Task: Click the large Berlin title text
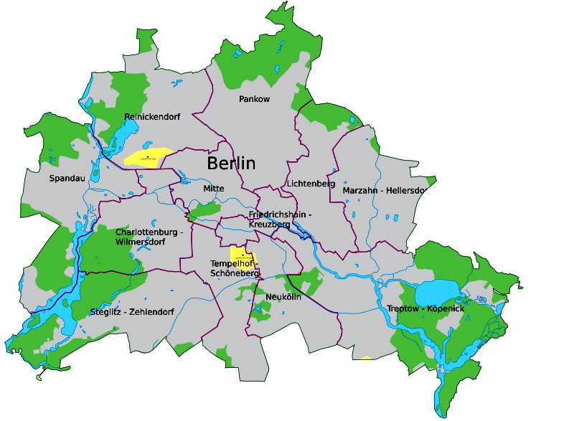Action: (231, 163)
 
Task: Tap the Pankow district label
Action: (254, 99)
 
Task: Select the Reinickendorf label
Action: (152, 116)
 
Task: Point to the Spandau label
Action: (67, 178)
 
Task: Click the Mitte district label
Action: (213, 189)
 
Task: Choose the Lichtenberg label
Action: (311, 184)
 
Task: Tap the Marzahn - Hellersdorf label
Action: (385, 191)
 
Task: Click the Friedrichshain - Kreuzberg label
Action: (280, 219)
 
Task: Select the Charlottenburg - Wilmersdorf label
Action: (149, 237)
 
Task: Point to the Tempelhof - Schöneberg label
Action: (234, 268)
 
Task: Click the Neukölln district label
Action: (283, 296)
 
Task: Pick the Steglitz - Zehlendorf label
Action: (132, 311)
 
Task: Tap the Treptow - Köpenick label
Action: (425, 308)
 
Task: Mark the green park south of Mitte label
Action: (205, 209)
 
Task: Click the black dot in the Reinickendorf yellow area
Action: (148, 156)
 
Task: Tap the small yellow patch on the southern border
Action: (366, 357)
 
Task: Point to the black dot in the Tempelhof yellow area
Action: (243, 254)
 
